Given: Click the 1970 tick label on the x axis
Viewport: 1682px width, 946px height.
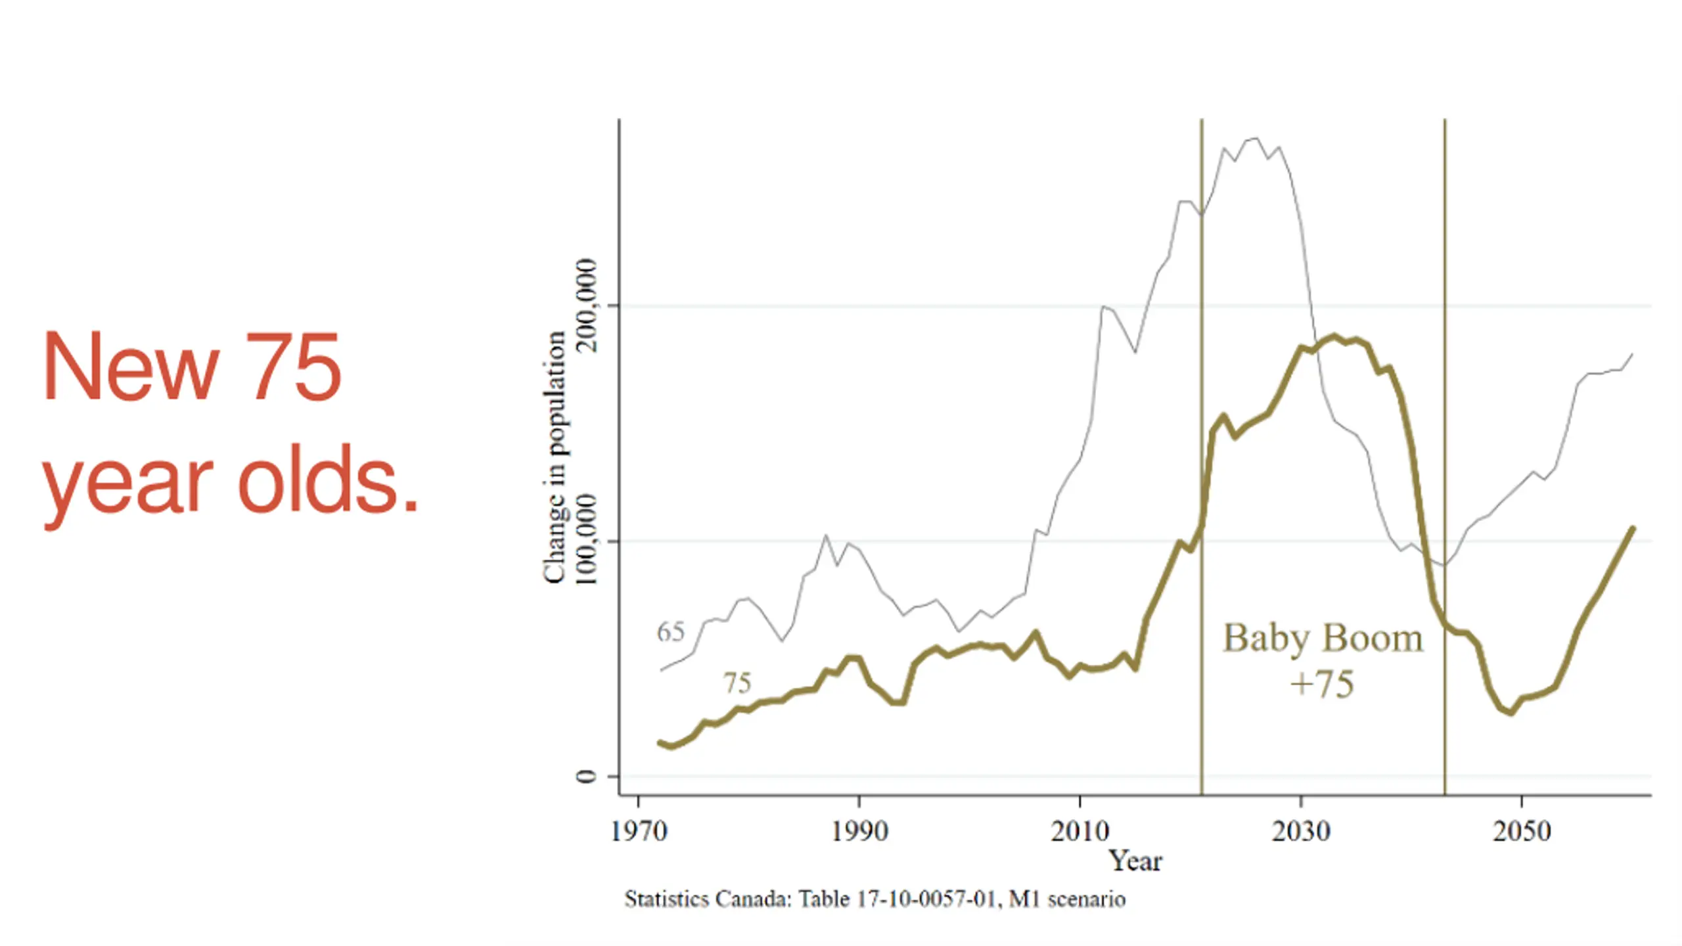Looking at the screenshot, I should pos(639,831).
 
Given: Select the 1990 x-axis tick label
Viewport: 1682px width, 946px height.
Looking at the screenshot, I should pos(859,831).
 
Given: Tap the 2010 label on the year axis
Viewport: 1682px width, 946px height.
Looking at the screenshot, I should pos(1080,831).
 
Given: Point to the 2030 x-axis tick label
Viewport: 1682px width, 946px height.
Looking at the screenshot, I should pos(1300,831).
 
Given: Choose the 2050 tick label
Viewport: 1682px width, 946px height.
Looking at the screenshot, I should pos(1521,831).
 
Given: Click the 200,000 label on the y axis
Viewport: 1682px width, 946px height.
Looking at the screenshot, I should pos(586,305).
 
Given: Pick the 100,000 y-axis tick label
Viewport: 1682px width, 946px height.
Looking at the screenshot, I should pos(586,540).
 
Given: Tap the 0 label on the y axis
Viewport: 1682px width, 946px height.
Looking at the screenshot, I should pos(586,777).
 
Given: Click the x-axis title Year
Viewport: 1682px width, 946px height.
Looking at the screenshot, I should pos(1135,861).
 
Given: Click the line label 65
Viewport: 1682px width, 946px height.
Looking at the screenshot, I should pos(670,632).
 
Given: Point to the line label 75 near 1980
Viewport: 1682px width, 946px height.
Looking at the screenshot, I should pos(737,683).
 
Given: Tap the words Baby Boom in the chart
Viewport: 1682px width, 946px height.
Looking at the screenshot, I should pos(1323,639).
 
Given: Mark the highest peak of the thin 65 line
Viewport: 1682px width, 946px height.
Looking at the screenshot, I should pos(1256,138).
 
